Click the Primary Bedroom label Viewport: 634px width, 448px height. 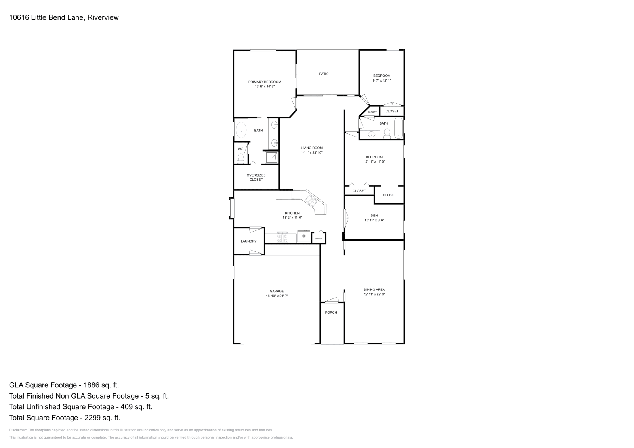(265, 82)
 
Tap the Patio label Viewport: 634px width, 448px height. (324, 74)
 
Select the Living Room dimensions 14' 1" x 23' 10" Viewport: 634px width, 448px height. (311, 152)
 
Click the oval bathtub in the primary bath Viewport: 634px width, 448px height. (241, 130)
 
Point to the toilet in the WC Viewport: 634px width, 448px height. (240, 158)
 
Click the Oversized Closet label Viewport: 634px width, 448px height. (256, 177)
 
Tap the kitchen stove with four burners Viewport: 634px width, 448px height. (282, 237)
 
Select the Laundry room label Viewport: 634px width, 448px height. (248, 241)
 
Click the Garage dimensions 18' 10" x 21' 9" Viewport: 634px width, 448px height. (277, 296)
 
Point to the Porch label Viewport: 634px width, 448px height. (331, 313)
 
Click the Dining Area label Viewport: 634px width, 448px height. (374, 290)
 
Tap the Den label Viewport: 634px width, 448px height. (374, 216)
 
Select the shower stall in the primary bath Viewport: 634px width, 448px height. (271, 158)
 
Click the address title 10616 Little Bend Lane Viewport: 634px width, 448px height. (63, 17)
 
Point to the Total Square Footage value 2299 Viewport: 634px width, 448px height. (100, 418)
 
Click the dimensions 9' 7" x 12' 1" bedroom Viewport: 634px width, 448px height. (382, 80)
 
